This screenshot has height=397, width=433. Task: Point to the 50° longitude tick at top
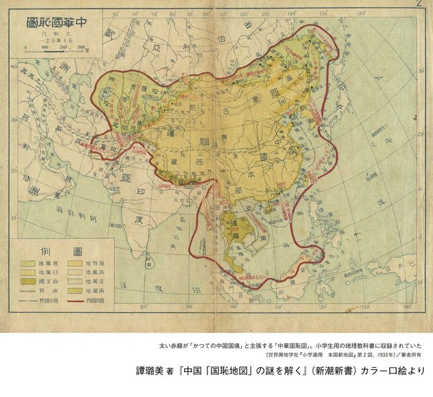point(115,13)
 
